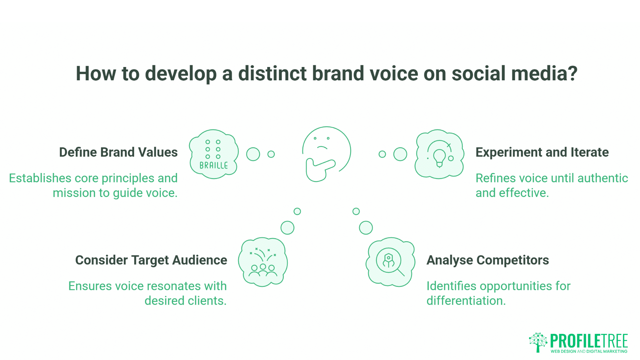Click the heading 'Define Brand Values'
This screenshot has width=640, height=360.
(x=118, y=152)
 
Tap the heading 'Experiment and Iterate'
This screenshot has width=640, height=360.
(x=542, y=152)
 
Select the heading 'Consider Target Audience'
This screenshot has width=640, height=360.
(x=151, y=260)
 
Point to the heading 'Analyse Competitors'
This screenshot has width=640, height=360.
(x=488, y=260)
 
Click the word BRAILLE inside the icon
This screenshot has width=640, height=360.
(x=214, y=165)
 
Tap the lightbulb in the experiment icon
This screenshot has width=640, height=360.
(x=439, y=157)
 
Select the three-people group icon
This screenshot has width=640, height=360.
(x=263, y=270)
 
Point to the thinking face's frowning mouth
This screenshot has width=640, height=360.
(x=322, y=147)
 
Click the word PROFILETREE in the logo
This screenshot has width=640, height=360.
(x=589, y=341)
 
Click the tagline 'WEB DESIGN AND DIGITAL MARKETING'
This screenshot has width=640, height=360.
(x=589, y=351)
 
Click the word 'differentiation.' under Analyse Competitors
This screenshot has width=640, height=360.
(x=466, y=301)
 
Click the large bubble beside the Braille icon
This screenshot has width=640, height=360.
(x=253, y=154)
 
